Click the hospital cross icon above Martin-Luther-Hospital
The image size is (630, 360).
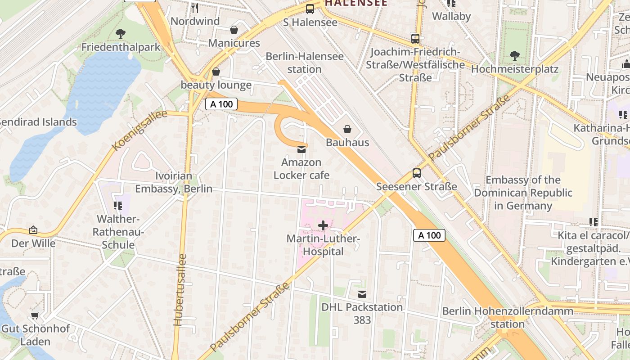[x=323, y=225]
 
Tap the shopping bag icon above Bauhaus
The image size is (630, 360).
[x=347, y=130]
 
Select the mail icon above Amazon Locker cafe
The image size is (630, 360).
[x=301, y=149]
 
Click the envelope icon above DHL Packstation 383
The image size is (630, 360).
[x=362, y=294]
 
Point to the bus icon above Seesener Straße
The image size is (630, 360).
[x=417, y=173]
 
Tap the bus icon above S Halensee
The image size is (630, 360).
[x=310, y=9]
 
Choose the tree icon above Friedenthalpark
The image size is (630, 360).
[x=120, y=33]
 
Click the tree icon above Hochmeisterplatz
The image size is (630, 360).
[x=514, y=56]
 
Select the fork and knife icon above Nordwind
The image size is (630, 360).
[x=195, y=8]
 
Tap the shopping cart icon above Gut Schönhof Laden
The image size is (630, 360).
[x=35, y=315]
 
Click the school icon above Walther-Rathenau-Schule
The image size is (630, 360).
[x=118, y=206]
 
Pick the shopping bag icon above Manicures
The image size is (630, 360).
[x=234, y=30]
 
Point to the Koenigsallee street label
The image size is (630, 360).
[x=139, y=130]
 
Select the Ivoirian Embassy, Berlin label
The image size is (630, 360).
[x=174, y=182]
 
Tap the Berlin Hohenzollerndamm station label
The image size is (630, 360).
[x=508, y=317]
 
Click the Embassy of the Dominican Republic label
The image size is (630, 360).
[x=522, y=193]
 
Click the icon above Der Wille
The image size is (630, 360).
[x=33, y=230]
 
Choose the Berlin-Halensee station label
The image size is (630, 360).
[x=305, y=63]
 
